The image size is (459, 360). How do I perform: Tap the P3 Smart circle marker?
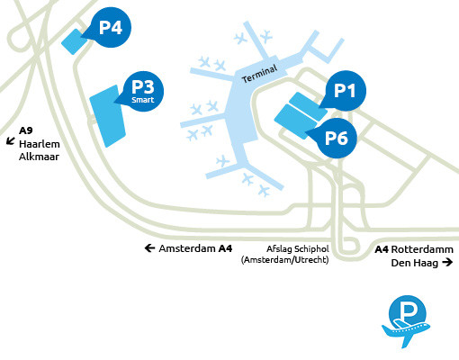[143, 90]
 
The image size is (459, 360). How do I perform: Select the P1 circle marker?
[346, 91]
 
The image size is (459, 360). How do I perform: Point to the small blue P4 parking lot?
[72, 40]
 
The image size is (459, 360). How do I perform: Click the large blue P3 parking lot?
[107, 115]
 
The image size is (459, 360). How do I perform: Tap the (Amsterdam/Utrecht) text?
[284, 260]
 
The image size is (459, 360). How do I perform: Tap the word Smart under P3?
[143, 101]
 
